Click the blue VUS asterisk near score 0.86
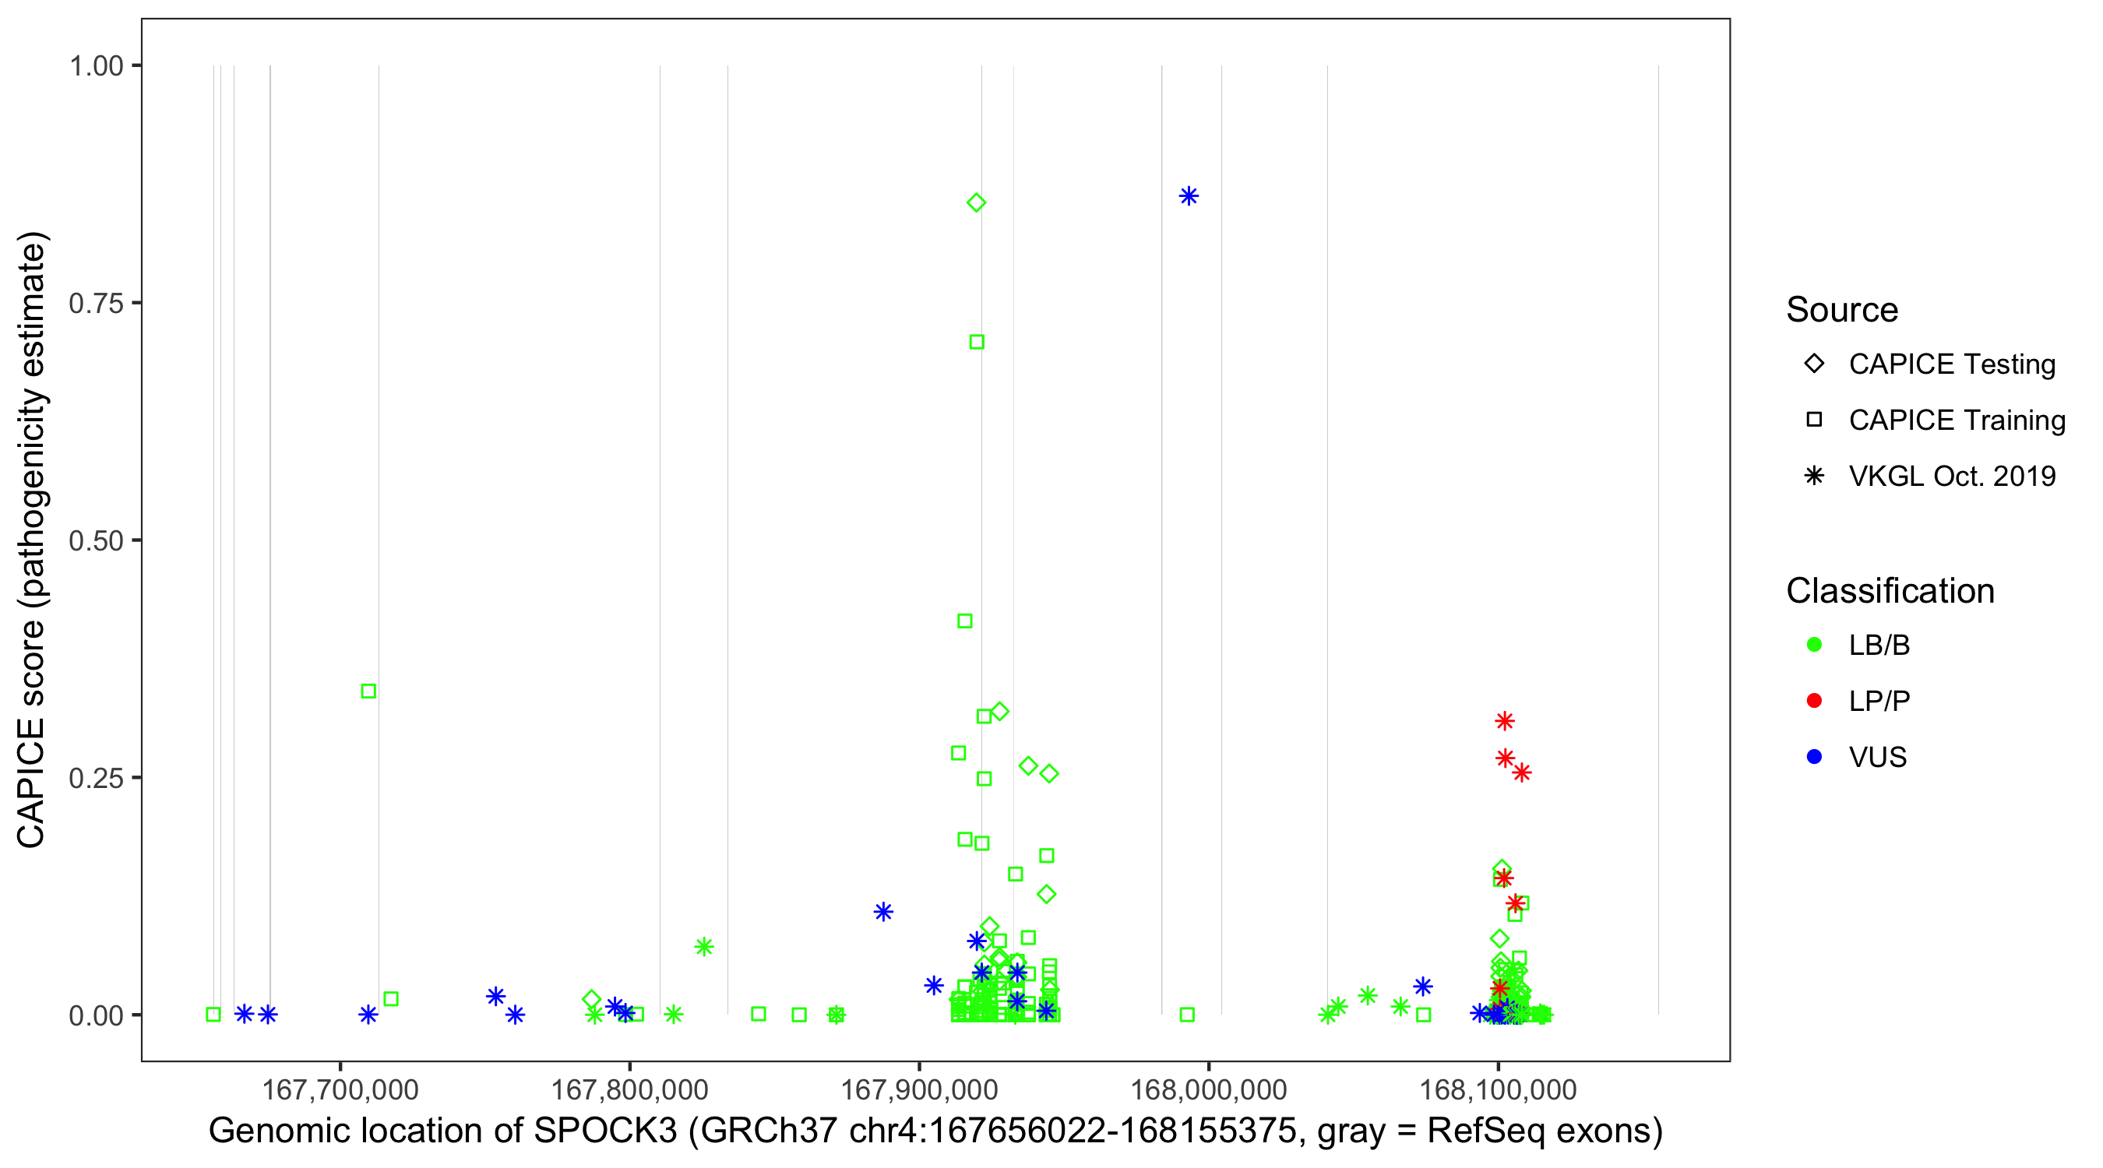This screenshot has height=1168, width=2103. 1189,196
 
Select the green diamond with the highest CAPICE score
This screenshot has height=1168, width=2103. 977,202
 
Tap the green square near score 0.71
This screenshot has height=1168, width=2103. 977,342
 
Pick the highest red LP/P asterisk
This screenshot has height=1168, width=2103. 1505,721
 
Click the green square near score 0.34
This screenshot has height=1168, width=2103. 368,691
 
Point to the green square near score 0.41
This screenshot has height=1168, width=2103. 964,621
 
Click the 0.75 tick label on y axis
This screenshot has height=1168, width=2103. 96,303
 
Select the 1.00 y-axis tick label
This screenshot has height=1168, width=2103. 96,65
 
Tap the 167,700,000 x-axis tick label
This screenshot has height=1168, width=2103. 340,1089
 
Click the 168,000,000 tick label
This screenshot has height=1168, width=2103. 1208,1089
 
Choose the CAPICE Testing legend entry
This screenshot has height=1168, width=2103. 1952,364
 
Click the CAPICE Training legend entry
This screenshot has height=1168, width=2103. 1957,420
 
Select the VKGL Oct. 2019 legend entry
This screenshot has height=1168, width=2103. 1952,476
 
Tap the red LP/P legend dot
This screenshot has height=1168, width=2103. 1815,701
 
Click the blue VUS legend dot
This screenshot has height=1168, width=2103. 1815,757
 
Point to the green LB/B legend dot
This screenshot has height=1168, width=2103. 1815,645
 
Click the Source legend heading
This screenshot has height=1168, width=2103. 1842,310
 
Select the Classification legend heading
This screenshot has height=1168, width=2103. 1890,591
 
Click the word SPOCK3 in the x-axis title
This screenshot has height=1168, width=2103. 605,1131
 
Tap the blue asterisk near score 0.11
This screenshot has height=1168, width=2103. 883,912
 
